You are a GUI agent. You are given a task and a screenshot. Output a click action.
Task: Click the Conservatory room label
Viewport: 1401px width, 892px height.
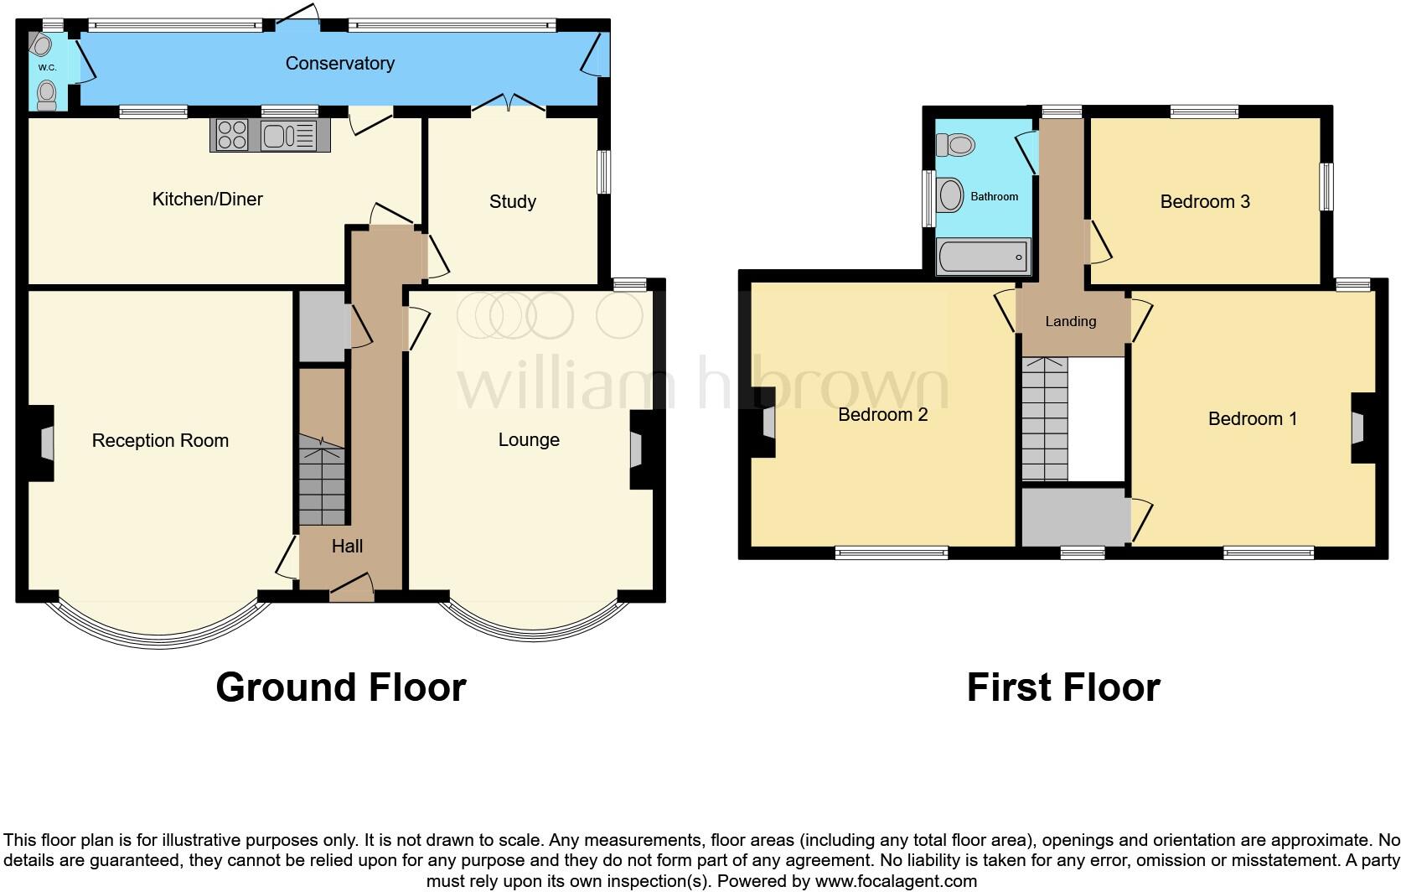coord(339,64)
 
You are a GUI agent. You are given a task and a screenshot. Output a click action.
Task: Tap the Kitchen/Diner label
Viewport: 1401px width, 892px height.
coord(207,199)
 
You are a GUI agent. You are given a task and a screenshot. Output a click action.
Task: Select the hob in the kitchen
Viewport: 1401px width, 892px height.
coord(232,135)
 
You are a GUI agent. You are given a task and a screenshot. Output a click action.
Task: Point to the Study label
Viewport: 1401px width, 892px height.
coord(512,201)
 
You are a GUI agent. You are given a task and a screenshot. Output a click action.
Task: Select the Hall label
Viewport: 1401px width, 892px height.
coord(347,547)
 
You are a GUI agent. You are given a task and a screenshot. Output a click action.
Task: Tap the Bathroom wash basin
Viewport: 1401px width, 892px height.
coord(950,195)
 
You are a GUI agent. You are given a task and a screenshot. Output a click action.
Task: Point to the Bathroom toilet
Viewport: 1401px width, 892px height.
coord(956,146)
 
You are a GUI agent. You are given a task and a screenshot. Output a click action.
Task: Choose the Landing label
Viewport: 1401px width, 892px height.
coord(1070,321)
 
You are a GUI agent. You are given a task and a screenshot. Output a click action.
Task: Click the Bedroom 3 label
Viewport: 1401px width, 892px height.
coord(1204,201)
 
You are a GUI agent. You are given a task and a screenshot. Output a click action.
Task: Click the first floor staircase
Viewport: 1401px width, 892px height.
coord(1044,419)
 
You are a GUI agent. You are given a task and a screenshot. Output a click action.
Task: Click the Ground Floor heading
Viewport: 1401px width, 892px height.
coord(340,687)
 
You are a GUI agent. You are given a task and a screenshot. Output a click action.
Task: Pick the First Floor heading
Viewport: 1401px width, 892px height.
coord(1062,687)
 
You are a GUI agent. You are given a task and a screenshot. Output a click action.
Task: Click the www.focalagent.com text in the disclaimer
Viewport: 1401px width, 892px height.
coord(895,881)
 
